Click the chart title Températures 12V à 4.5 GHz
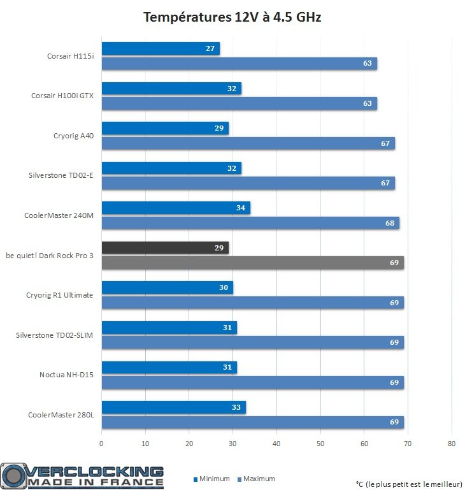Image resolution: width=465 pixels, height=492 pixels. (x=232, y=18)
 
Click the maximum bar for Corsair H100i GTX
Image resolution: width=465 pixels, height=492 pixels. (x=239, y=103)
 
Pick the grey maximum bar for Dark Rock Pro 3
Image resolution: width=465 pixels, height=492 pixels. (x=252, y=263)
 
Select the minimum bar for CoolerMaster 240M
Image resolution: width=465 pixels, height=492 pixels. (x=175, y=208)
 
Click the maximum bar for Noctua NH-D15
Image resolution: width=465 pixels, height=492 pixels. (x=252, y=382)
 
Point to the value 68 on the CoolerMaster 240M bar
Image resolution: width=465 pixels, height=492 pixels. (x=390, y=223)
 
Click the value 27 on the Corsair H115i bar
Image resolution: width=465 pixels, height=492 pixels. (x=210, y=48)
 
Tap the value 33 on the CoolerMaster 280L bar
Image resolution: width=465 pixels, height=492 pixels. (x=236, y=407)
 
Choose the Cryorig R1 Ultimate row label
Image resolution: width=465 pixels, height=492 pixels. (x=59, y=295)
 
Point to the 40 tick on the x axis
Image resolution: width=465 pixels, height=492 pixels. (x=276, y=444)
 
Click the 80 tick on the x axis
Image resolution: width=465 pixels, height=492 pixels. (x=452, y=444)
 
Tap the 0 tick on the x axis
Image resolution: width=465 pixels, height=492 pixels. (x=101, y=444)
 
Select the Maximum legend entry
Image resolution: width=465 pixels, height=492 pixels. (x=256, y=479)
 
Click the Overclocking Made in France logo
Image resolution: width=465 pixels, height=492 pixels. (x=83, y=476)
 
